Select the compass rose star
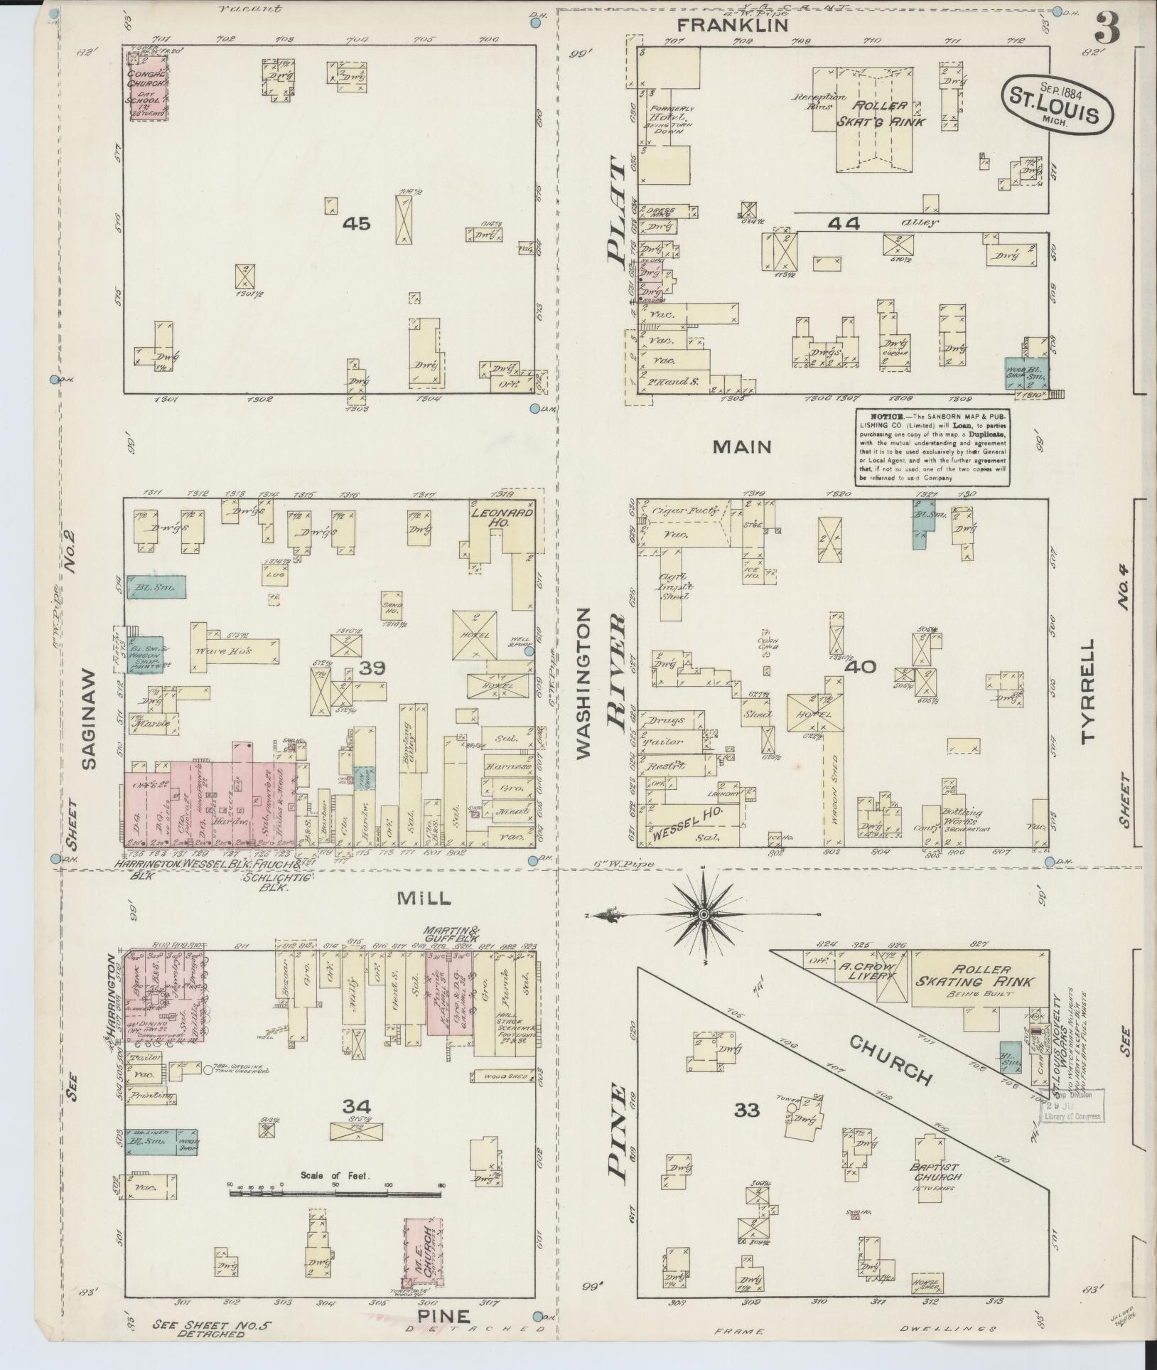703,913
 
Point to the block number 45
356,225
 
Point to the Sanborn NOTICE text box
932,447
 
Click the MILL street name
424,899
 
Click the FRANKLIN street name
732,26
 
